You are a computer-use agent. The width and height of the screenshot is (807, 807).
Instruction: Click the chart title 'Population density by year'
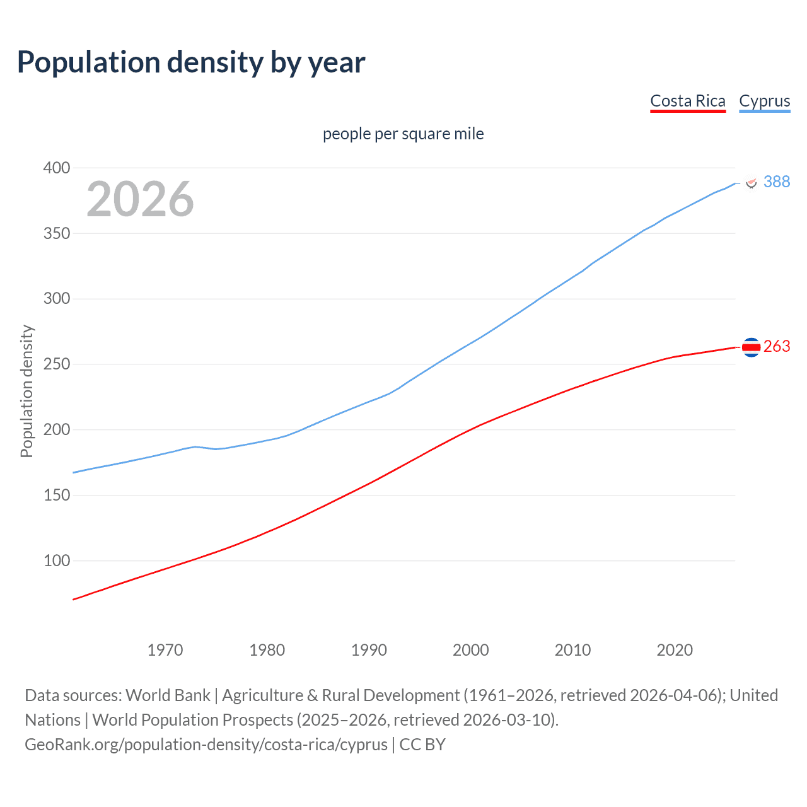click(x=191, y=62)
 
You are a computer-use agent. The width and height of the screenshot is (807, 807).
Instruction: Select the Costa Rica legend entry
click(x=687, y=101)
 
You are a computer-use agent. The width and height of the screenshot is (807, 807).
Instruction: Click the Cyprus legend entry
click(x=764, y=101)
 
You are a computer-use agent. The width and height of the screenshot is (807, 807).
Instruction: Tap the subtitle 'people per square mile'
click(x=403, y=134)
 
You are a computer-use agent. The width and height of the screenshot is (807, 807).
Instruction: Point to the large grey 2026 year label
click(x=140, y=199)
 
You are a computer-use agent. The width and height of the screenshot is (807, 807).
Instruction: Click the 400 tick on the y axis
click(x=56, y=168)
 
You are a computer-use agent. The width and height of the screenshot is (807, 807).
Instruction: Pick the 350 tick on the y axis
click(x=56, y=233)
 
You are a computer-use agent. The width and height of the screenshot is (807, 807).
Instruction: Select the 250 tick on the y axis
click(x=56, y=364)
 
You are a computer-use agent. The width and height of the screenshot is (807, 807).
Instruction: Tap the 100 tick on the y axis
click(x=56, y=560)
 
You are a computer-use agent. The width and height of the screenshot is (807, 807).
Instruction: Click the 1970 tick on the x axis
click(x=165, y=650)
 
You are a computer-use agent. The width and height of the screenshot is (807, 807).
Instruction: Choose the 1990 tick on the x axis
click(x=369, y=650)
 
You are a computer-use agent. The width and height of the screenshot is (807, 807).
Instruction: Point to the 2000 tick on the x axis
click(x=471, y=650)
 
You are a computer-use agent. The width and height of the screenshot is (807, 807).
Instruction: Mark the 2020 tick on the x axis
click(x=675, y=650)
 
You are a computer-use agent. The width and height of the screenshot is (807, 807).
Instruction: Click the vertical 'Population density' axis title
click(x=26, y=391)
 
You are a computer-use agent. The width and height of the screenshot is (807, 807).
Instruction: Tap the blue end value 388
click(x=777, y=182)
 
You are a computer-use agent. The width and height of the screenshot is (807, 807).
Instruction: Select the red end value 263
click(x=777, y=347)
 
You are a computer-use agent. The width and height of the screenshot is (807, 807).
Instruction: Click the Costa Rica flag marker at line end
click(x=751, y=347)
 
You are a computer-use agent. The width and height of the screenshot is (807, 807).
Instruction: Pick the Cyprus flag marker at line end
click(x=751, y=182)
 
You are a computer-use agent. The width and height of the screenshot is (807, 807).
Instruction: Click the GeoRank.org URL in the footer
click(x=206, y=745)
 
